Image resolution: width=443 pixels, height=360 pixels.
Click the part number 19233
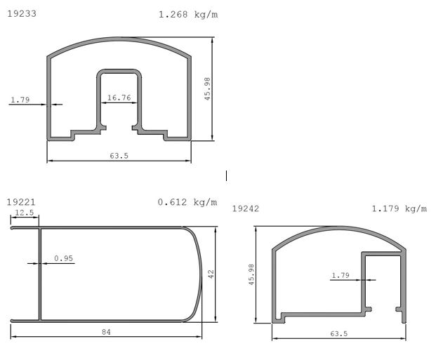[x=22, y=13]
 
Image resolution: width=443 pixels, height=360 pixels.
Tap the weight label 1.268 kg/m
[x=188, y=14]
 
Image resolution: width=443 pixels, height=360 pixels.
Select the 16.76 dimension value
[x=119, y=98]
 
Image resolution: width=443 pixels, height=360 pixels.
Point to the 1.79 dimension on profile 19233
[x=20, y=100]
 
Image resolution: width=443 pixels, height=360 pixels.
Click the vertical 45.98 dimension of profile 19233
[x=208, y=89]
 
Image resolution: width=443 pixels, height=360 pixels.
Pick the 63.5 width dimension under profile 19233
[x=119, y=156]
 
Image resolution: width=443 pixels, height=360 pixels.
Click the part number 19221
[x=21, y=202]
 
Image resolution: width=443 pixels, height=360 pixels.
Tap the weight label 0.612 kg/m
[x=187, y=202]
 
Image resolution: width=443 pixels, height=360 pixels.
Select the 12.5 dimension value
[x=25, y=213]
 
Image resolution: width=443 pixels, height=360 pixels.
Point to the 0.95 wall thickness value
[x=64, y=258]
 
